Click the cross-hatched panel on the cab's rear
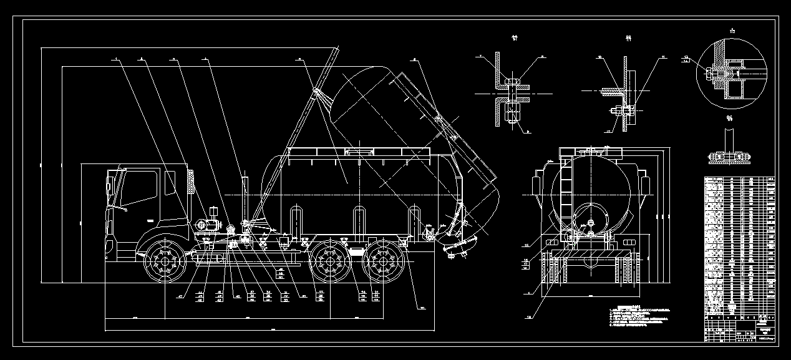(x=191, y=181)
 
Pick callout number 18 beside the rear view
(x=530, y=316)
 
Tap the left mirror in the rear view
(x=536, y=187)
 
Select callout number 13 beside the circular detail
(x=687, y=58)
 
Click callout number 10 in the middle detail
(x=600, y=57)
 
